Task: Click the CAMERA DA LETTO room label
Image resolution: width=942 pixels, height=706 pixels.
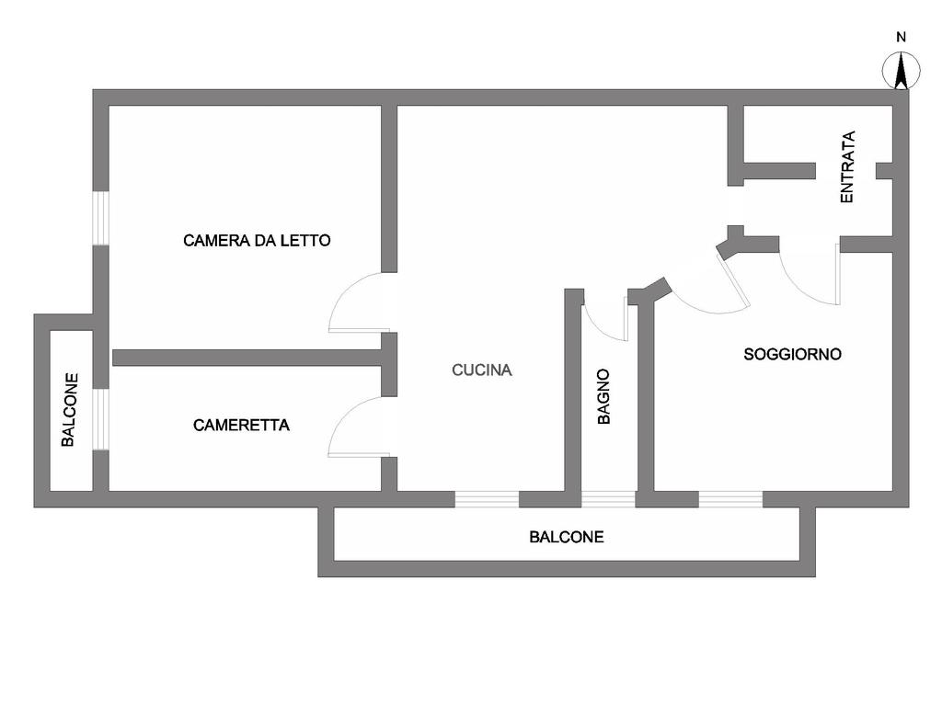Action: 257,241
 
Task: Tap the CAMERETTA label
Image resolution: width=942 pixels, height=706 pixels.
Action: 241,425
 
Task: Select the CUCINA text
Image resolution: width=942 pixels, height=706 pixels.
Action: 482,370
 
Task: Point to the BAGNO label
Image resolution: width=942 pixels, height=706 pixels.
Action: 603,396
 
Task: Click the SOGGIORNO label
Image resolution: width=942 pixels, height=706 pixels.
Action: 792,354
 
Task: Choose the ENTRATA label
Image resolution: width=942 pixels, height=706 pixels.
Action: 847,167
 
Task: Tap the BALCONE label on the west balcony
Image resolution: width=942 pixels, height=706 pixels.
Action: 69,410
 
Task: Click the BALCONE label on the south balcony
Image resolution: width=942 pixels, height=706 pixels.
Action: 566,537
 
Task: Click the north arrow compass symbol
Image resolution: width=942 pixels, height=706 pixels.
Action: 901,71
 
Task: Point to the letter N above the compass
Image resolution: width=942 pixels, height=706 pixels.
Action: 901,37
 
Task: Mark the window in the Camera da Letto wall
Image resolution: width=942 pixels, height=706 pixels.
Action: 101,218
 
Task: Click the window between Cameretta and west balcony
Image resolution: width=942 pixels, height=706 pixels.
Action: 101,419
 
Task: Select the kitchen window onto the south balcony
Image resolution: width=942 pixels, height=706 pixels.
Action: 487,499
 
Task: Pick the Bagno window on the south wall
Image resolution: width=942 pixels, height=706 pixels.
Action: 609,499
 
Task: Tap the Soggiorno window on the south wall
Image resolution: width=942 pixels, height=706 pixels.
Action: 730,499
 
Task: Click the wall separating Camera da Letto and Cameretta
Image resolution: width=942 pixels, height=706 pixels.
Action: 247,358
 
